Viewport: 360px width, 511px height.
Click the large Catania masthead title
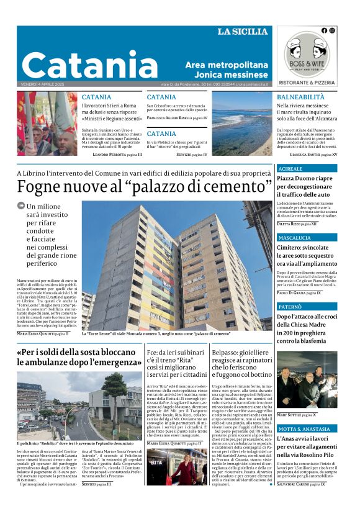point(89,64)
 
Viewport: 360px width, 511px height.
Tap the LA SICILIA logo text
point(242,31)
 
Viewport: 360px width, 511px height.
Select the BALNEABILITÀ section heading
point(300,97)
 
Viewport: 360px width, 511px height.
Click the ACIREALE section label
point(290,169)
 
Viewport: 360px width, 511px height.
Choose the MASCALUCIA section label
point(294,238)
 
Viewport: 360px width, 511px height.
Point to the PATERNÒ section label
point(290,307)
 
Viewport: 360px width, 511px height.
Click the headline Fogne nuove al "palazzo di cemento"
point(145,186)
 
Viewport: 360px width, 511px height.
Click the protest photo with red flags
point(47,123)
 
